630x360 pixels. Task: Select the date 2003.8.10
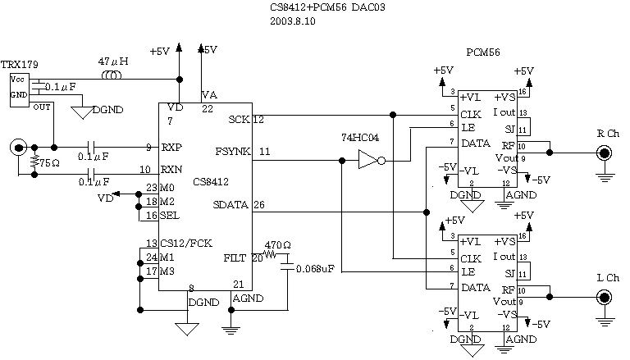click(292, 21)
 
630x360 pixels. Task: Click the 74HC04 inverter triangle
click(366, 162)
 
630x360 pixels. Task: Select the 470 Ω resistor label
click(276, 244)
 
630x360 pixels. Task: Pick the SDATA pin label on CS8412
click(231, 205)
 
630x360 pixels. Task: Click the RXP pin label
click(171, 148)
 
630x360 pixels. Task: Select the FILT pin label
click(235, 258)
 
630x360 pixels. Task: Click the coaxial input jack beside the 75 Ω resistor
click(16, 148)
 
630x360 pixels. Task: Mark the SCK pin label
click(240, 120)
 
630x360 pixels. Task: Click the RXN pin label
click(171, 170)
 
